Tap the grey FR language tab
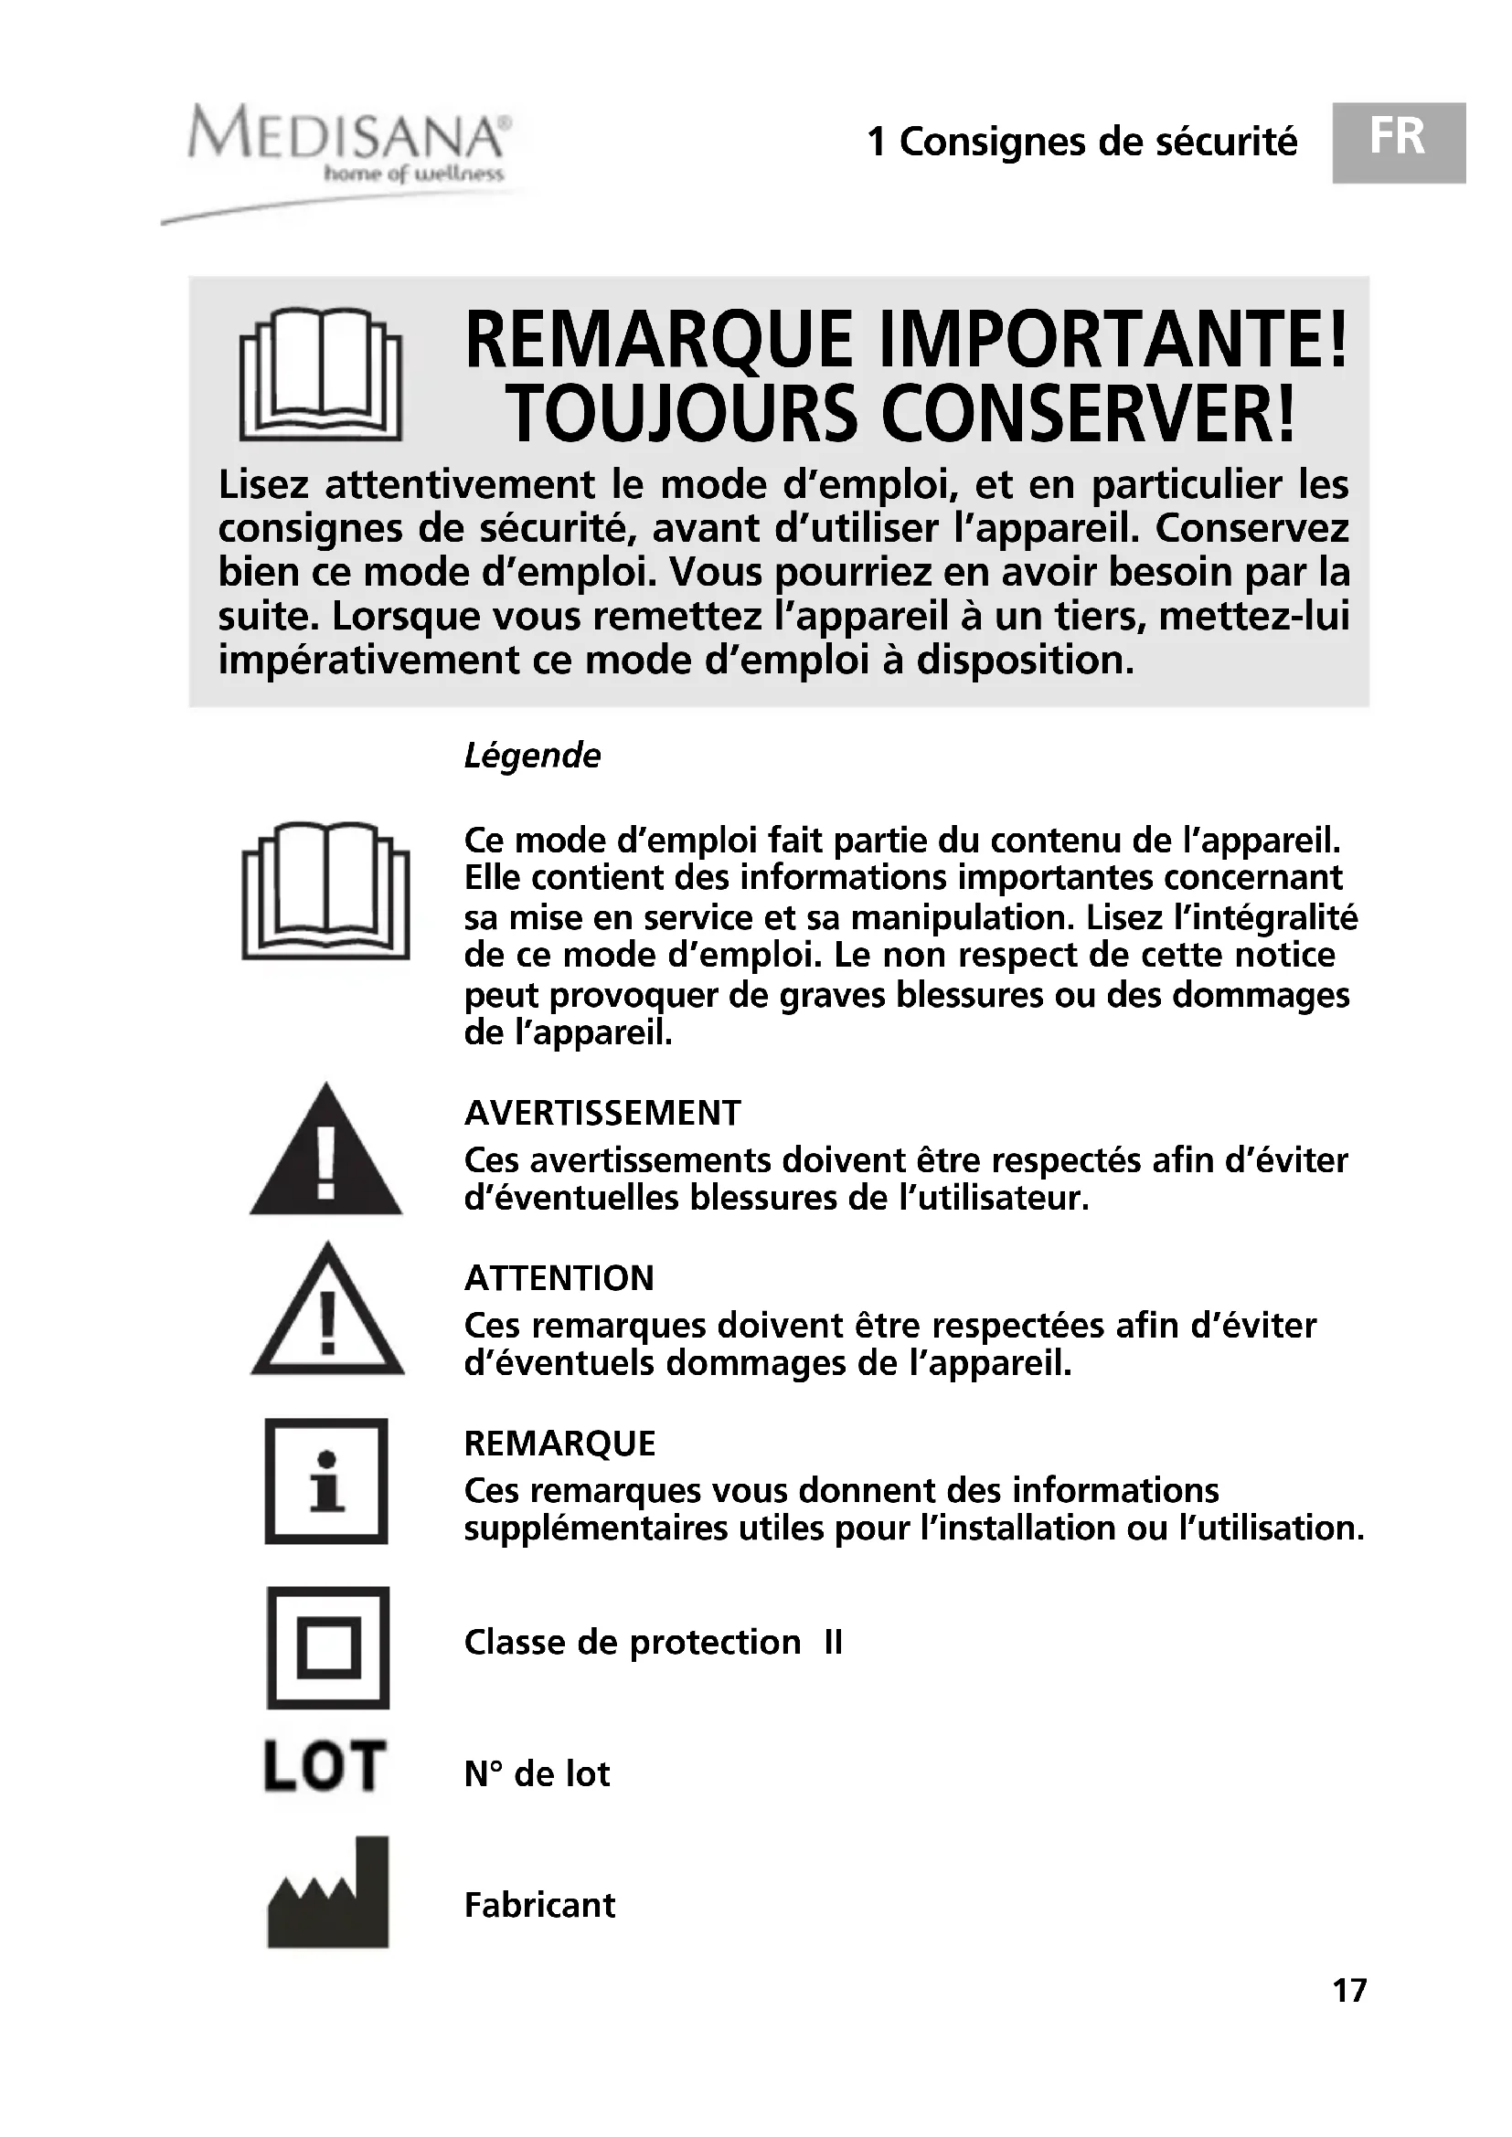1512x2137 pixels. (x=1400, y=143)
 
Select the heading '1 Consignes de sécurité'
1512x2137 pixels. (x=1081, y=143)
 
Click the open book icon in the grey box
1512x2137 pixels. (x=320, y=375)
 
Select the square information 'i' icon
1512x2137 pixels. (x=325, y=1481)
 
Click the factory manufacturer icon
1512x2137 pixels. (x=328, y=1894)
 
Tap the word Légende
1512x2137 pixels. (x=532, y=756)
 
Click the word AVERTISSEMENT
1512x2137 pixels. (x=602, y=1113)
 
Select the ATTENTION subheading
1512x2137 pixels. (x=559, y=1278)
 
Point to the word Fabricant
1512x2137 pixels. (x=539, y=1905)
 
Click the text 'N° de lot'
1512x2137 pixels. (x=537, y=1774)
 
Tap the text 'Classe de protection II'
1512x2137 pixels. (x=653, y=1643)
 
